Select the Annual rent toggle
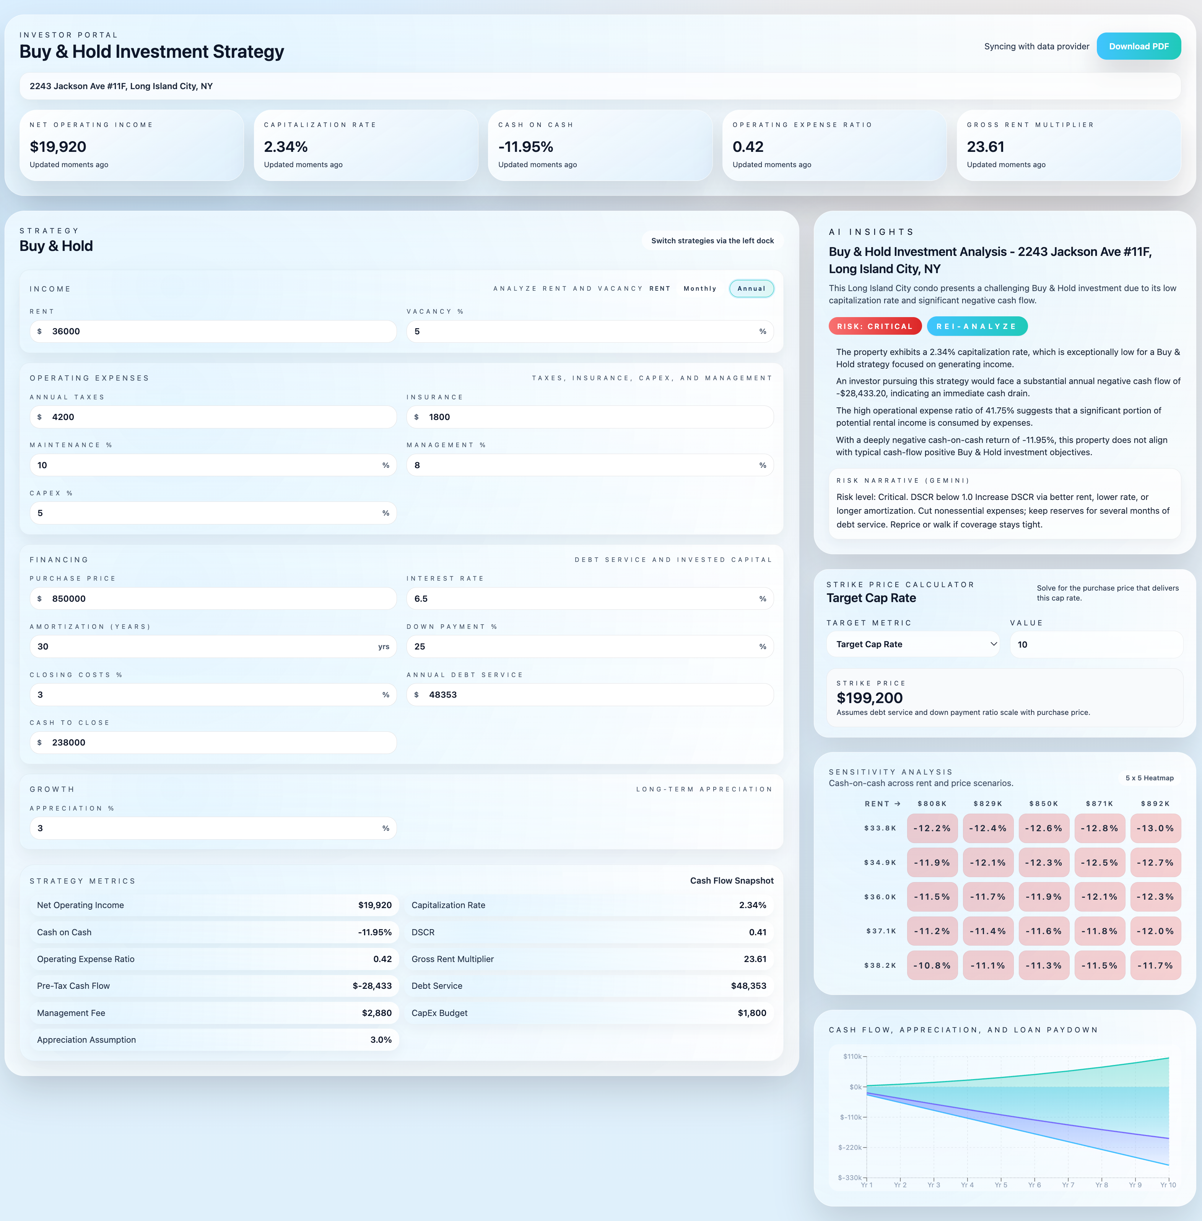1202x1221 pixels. tap(751, 288)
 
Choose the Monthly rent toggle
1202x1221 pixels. tap(699, 288)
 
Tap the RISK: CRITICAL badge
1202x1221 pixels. tap(874, 326)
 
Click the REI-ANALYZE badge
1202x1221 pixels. tap(977, 326)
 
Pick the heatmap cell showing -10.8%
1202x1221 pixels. tap(932, 965)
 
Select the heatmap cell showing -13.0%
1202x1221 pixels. tap(1155, 828)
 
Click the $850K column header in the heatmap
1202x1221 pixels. tap(1044, 804)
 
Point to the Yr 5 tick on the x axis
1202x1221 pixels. tap(1000, 1184)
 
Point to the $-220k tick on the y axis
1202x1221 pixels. tap(851, 1147)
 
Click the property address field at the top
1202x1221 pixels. tap(600, 86)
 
